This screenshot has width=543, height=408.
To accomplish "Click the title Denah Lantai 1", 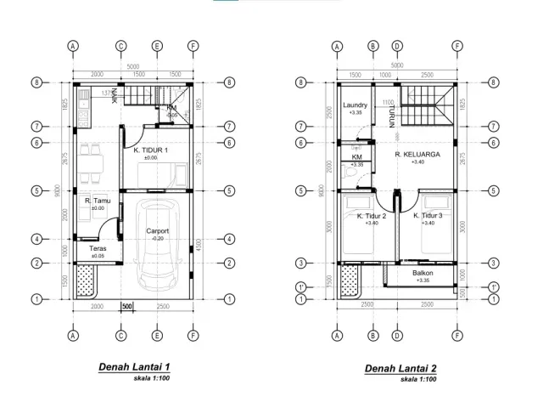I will pyautogui.click(x=134, y=368).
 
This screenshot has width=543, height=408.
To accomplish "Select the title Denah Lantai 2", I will pyautogui.click(x=400, y=369).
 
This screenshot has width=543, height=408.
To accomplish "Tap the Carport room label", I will pyautogui.click(x=158, y=231).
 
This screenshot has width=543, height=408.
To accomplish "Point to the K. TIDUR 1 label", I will pyautogui.click(x=151, y=150).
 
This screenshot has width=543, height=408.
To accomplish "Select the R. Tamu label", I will pyautogui.click(x=98, y=201).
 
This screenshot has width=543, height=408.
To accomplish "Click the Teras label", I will pyautogui.click(x=98, y=248).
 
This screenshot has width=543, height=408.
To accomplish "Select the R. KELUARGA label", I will pyautogui.click(x=415, y=155).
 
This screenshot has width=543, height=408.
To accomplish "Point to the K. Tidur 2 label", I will pyautogui.click(x=371, y=217).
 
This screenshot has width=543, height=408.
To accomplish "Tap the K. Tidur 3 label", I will pyautogui.click(x=428, y=217).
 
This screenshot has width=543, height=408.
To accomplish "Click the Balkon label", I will pyautogui.click(x=423, y=273).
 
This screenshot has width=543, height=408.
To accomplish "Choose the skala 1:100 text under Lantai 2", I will pyautogui.click(x=420, y=379).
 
